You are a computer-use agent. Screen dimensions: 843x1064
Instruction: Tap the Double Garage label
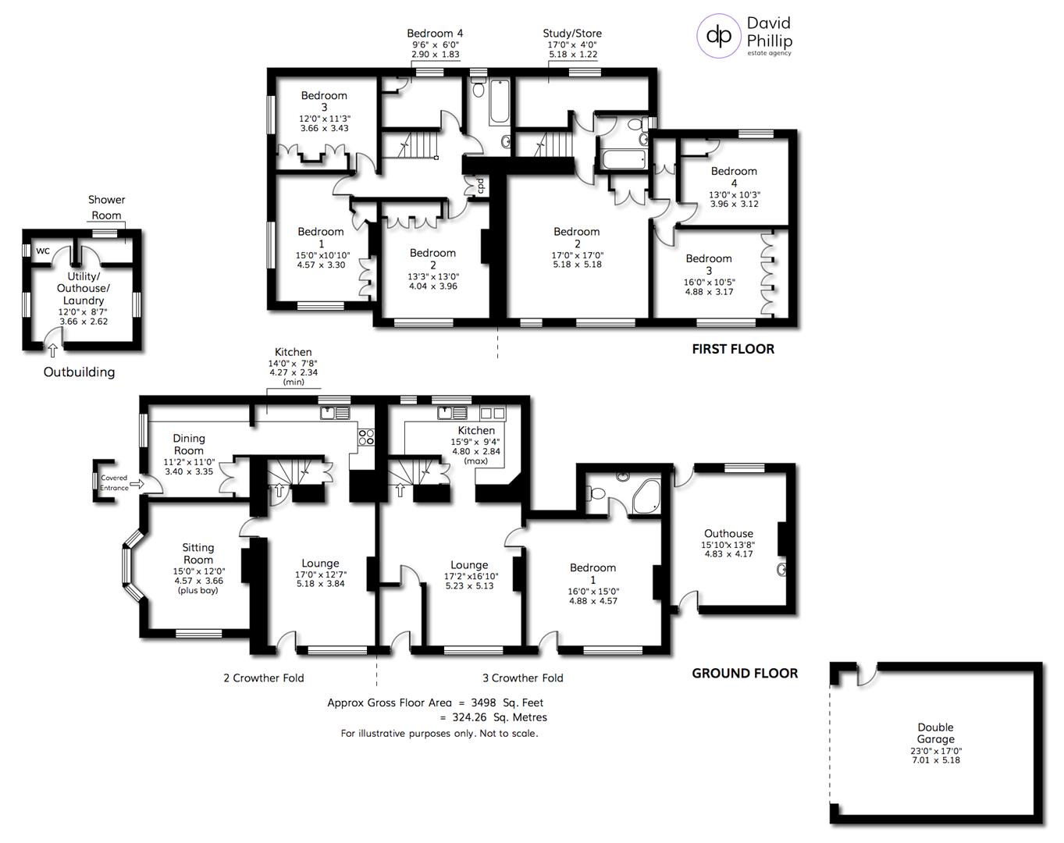click(x=935, y=733)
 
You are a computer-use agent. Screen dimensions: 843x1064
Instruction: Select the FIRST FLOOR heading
click(x=733, y=349)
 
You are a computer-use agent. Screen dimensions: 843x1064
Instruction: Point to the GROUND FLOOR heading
click(x=745, y=673)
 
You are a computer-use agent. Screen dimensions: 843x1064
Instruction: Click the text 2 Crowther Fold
click(x=263, y=678)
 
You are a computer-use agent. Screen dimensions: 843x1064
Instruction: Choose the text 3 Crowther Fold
click(x=522, y=678)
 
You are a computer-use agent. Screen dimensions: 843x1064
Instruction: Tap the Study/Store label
click(x=572, y=34)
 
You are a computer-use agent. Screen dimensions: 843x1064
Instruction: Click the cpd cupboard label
click(x=481, y=186)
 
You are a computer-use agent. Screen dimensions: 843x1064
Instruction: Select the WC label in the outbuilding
click(x=43, y=251)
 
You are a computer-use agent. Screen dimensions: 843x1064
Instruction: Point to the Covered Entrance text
click(x=113, y=482)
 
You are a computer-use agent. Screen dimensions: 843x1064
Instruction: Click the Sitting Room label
click(x=198, y=553)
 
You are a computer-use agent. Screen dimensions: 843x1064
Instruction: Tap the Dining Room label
click(x=189, y=444)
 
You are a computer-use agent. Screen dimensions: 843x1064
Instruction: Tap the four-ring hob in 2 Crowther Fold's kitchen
click(x=365, y=437)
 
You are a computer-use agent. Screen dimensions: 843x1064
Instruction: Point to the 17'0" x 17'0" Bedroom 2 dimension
click(x=577, y=255)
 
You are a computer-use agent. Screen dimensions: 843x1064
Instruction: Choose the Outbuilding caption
click(x=79, y=372)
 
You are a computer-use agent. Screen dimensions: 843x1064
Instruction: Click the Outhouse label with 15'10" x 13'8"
click(x=728, y=534)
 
